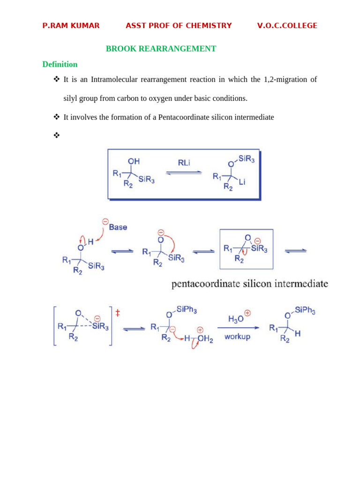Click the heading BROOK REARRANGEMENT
click(161, 49)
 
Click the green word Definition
click(60, 64)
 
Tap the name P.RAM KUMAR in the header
click(71, 26)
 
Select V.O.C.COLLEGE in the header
click(287, 26)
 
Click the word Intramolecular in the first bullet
click(114, 79)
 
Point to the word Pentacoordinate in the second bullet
click(184, 117)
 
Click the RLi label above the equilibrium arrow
click(184, 163)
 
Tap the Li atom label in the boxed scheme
click(242, 182)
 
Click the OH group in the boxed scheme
click(134, 161)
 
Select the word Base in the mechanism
click(118, 227)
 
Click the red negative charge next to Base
click(105, 221)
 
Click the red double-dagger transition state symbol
click(118, 313)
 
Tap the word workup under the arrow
click(237, 337)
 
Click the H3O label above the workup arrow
click(236, 319)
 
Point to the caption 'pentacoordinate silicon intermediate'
click(249, 284)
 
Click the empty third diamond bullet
click(57, 135)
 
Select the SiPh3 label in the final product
click(305, 310)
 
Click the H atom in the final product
click(298, 334)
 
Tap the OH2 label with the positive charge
click(205, 339)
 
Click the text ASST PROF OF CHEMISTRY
click(179, 26)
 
